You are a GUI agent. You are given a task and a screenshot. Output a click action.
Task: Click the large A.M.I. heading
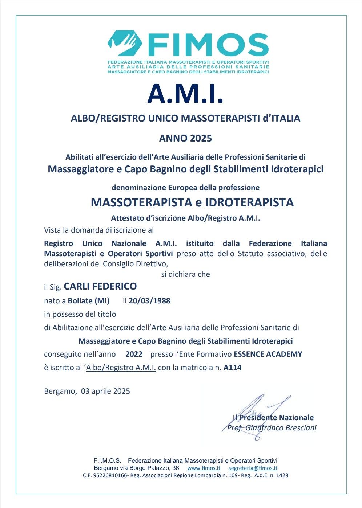click(185, 94)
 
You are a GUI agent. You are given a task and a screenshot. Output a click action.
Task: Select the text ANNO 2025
click(185, 138)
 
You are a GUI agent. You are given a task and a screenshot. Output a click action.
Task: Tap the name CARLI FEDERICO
click(100, 286)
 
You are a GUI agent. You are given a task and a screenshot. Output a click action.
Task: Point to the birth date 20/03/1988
click(149, 301)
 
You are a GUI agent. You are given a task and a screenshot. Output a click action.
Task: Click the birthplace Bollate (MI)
click(89, 301)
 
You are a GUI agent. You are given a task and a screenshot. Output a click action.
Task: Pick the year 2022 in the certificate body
click(134, 354)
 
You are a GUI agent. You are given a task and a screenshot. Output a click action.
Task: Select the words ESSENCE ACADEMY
click(268, 354)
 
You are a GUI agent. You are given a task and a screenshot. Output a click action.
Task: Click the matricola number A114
click(233, 368)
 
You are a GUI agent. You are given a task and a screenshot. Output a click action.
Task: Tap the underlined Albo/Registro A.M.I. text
click(121, 368)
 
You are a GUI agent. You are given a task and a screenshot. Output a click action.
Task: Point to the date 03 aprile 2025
click(105, 391)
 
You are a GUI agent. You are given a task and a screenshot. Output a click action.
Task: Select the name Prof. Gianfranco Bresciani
click(272, 428)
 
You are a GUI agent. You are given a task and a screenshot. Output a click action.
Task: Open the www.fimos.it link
click(204, 468)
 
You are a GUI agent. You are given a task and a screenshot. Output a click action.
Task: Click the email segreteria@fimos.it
click(253, 468)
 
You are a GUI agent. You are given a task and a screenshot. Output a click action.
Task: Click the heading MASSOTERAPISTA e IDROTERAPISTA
click(192, 202)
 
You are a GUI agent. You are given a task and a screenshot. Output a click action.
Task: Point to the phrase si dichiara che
click(185, 274)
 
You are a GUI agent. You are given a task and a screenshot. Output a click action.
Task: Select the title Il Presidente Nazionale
click(273, 418)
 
